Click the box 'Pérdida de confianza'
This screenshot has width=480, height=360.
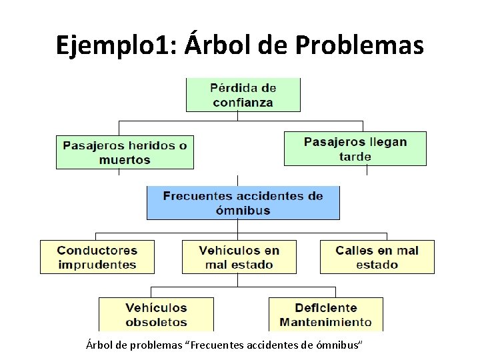243,95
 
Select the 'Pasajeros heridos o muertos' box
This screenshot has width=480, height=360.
125,152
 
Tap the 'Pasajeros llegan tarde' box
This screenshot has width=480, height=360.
355,149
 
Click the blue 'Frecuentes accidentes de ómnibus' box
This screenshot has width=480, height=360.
243,203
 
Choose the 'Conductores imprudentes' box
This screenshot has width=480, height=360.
97,257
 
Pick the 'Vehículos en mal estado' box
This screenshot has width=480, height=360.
239,257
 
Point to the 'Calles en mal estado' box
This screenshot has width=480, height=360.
377,257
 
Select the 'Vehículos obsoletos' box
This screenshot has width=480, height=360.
156,315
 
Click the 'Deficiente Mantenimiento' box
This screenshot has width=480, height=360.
325,315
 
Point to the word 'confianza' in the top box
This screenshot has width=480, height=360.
243,103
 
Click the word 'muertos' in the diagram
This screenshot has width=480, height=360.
125,160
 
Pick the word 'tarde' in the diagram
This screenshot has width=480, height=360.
355,157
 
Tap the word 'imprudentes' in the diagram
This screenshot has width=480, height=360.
97,265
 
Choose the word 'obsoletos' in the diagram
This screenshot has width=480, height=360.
156,322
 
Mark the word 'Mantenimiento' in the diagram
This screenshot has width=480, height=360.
325,322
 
